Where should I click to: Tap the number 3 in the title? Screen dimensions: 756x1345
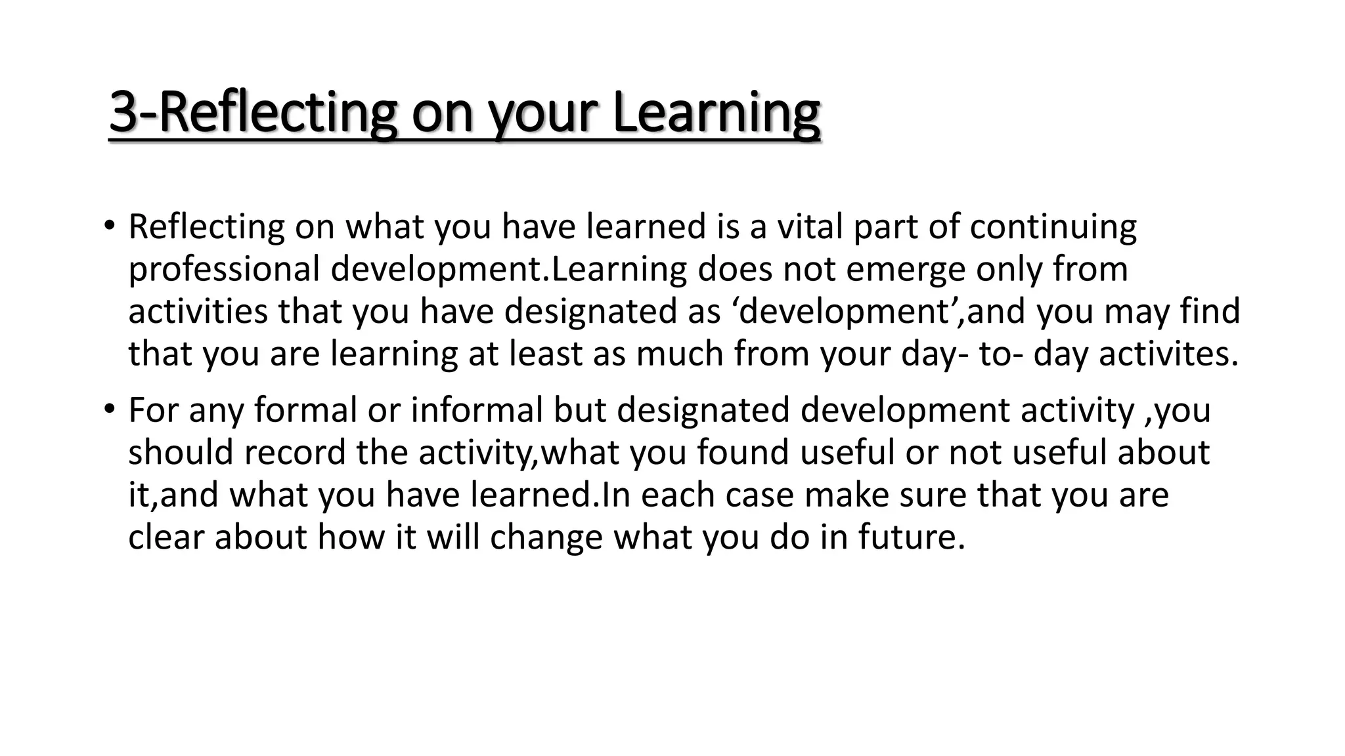tap(123, 113)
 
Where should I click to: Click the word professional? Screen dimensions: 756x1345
tap(224, 269)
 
